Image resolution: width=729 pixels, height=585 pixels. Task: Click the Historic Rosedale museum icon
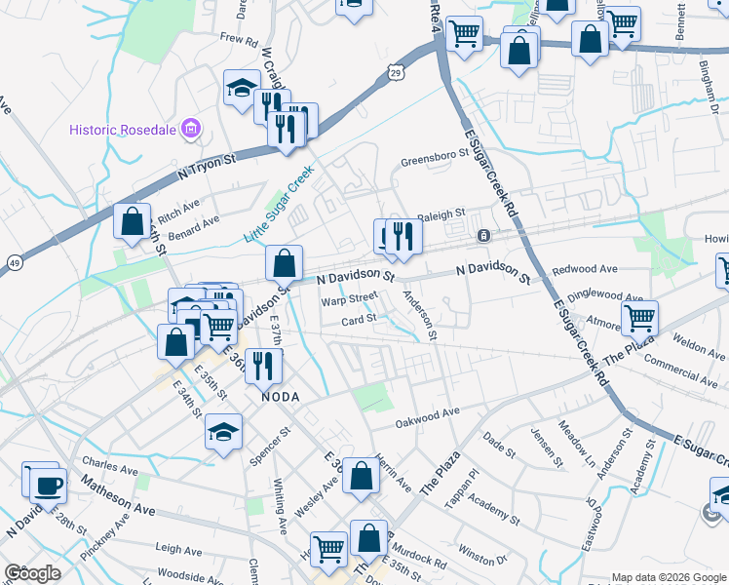[x=191, y=129]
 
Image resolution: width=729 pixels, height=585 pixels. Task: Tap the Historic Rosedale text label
[x=125, y=130]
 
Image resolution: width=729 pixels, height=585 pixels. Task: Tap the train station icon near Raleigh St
[x=483, y=236]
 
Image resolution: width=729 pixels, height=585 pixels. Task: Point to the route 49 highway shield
[x=15, y=263]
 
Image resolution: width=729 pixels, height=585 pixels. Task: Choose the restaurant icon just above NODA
[x=263, y=366]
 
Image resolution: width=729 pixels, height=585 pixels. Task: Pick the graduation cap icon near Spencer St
[x=223, y=430]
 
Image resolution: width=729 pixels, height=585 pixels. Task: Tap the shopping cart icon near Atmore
[x=639, y=316]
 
